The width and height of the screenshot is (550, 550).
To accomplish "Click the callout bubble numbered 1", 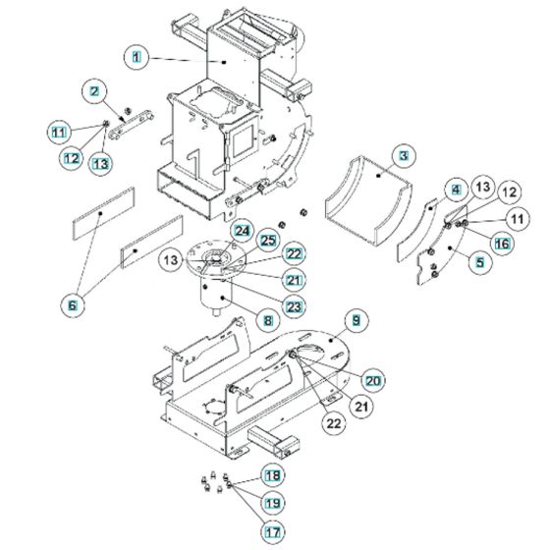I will pos(137,59).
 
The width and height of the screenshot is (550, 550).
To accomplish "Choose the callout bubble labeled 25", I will pos(266,241).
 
